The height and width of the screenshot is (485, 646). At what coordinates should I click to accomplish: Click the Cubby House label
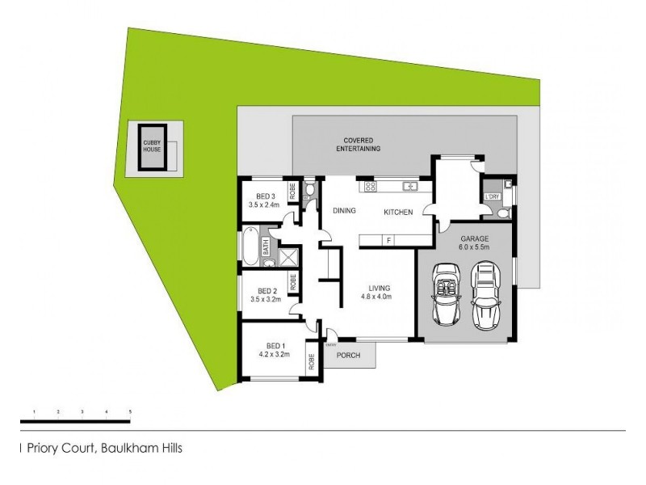[152, 146]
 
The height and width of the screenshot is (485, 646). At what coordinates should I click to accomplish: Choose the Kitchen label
[398, 212]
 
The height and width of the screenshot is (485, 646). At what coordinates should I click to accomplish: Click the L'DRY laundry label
[491, 196]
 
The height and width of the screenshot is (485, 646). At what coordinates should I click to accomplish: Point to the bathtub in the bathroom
[251, 247]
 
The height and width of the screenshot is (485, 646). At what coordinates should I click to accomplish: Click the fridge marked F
[388, 240]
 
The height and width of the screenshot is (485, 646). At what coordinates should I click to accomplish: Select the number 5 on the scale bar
[130, 412]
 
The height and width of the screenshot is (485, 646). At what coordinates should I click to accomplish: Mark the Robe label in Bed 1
[310, 361]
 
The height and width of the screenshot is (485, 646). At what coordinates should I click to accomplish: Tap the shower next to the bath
[287, 256]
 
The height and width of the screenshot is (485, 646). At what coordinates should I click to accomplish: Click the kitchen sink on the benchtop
[409, 187]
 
